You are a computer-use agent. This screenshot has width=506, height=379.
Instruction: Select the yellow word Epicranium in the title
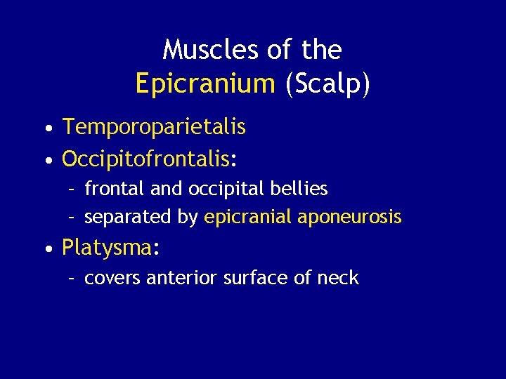point(205,84)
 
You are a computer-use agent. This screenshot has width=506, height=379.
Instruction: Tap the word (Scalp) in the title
point(327,84)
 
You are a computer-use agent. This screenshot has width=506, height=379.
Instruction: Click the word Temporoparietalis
point(154,127)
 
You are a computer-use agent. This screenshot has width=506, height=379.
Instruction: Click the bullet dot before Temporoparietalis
point(46,128)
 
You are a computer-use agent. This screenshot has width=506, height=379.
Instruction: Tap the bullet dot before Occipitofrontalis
point(46,161)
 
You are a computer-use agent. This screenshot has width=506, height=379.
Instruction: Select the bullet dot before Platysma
point(46,249)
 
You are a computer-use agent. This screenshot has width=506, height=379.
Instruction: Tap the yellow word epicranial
point(247,218)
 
